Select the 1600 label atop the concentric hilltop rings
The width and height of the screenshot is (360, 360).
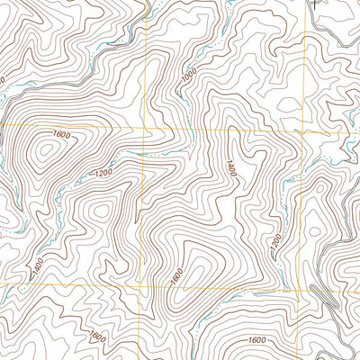tap(61, 135)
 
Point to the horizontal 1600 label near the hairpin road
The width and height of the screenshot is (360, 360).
tap(257, 340)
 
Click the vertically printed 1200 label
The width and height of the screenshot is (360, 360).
tap(274, 241)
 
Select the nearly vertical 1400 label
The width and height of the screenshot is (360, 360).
tap(230, 167)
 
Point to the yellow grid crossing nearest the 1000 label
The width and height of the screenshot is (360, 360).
tap(147, 129)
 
